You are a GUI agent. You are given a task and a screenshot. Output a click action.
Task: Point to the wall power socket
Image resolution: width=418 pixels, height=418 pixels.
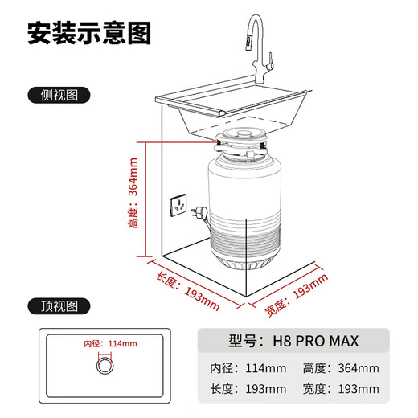(178, 205)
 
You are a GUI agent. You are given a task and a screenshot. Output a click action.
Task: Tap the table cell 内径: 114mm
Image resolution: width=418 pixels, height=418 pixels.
(248, 369)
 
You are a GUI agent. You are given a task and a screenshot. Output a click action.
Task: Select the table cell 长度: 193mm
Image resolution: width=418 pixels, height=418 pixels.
(248, 390)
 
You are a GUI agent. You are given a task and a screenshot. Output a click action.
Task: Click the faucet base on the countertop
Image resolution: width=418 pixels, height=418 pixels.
(261, 82)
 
